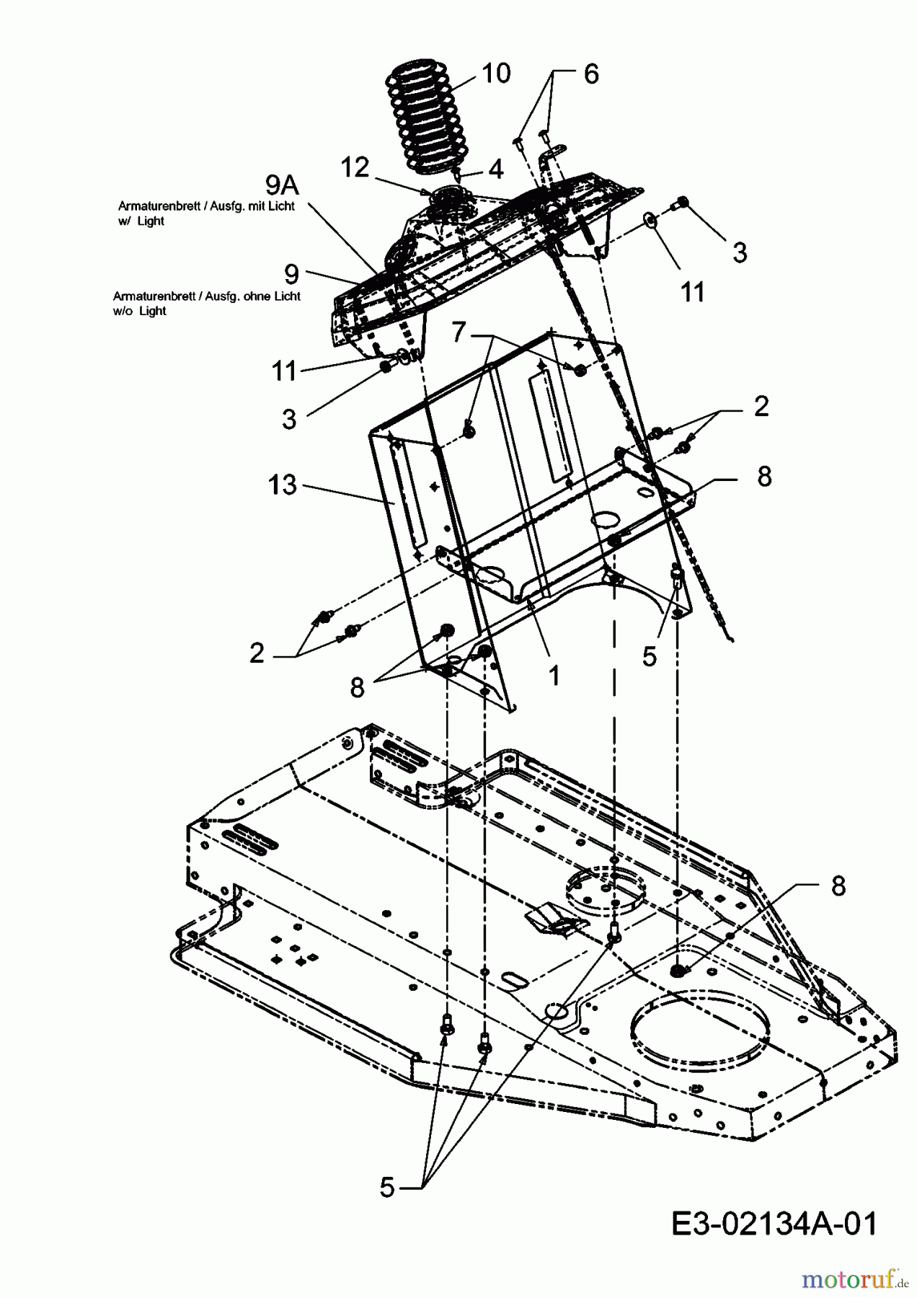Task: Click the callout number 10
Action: coord(496,73)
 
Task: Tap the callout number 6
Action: coord(591,74)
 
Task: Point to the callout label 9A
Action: coord(282,185)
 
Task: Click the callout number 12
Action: coord(354,168)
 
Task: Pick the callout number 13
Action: coord(282,485)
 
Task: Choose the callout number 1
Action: coord(554,675)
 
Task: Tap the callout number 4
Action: coord(495,169)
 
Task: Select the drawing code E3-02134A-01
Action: coord(774,1224)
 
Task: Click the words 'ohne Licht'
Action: coord(274,296)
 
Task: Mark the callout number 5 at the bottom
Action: coord(388,1187)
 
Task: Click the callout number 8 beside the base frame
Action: coord(838,886)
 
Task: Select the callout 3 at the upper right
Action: coord(740,252)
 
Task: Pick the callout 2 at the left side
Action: coord(257,653)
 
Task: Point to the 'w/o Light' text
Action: coord(140,312)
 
